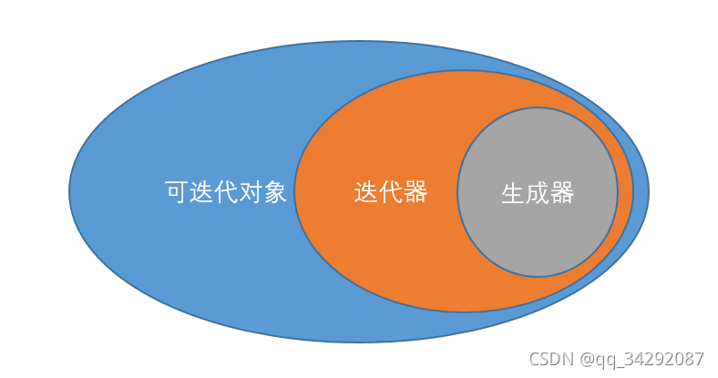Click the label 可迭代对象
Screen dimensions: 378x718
(226, 192)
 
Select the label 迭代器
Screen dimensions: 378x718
(390, 192)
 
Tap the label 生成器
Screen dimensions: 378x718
(538, 193)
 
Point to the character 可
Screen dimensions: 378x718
(177, 192)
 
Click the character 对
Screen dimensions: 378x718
(251, 192)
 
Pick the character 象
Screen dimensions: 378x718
(276, 192)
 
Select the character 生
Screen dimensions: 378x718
(513, 193)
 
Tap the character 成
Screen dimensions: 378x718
(538, 193)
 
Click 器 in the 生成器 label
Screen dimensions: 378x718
(562, 193)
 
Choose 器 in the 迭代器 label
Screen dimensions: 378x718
(415, 192)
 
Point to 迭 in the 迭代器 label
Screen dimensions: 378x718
(365, 192)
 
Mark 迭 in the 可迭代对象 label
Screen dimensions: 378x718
(201, 192)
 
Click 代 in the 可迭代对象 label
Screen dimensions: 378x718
(226, 192)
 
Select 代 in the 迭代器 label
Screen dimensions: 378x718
(390, 192)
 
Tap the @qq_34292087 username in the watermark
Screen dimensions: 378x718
(641, 359)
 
